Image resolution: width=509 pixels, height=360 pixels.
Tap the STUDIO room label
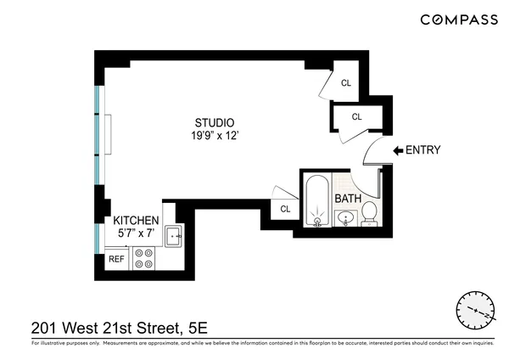(x=212, y=122)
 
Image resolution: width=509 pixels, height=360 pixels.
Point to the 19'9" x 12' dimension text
(x=212, y=135)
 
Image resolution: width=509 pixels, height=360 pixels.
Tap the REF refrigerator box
(x=116, y=259)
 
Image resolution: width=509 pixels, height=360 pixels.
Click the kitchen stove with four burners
(x=144, y=258)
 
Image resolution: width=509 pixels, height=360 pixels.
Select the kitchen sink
(x=174, y=237)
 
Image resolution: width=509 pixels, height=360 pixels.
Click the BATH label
(x=348, y=199)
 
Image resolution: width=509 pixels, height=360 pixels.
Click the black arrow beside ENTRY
(x=397, y=151)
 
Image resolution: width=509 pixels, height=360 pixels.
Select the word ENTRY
(x=423, y=151)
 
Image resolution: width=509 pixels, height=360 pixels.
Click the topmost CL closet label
(x=346, y=83)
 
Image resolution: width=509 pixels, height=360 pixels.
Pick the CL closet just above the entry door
(x=356, y=116)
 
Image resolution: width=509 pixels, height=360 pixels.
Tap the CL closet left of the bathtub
(x=285, y=209)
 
